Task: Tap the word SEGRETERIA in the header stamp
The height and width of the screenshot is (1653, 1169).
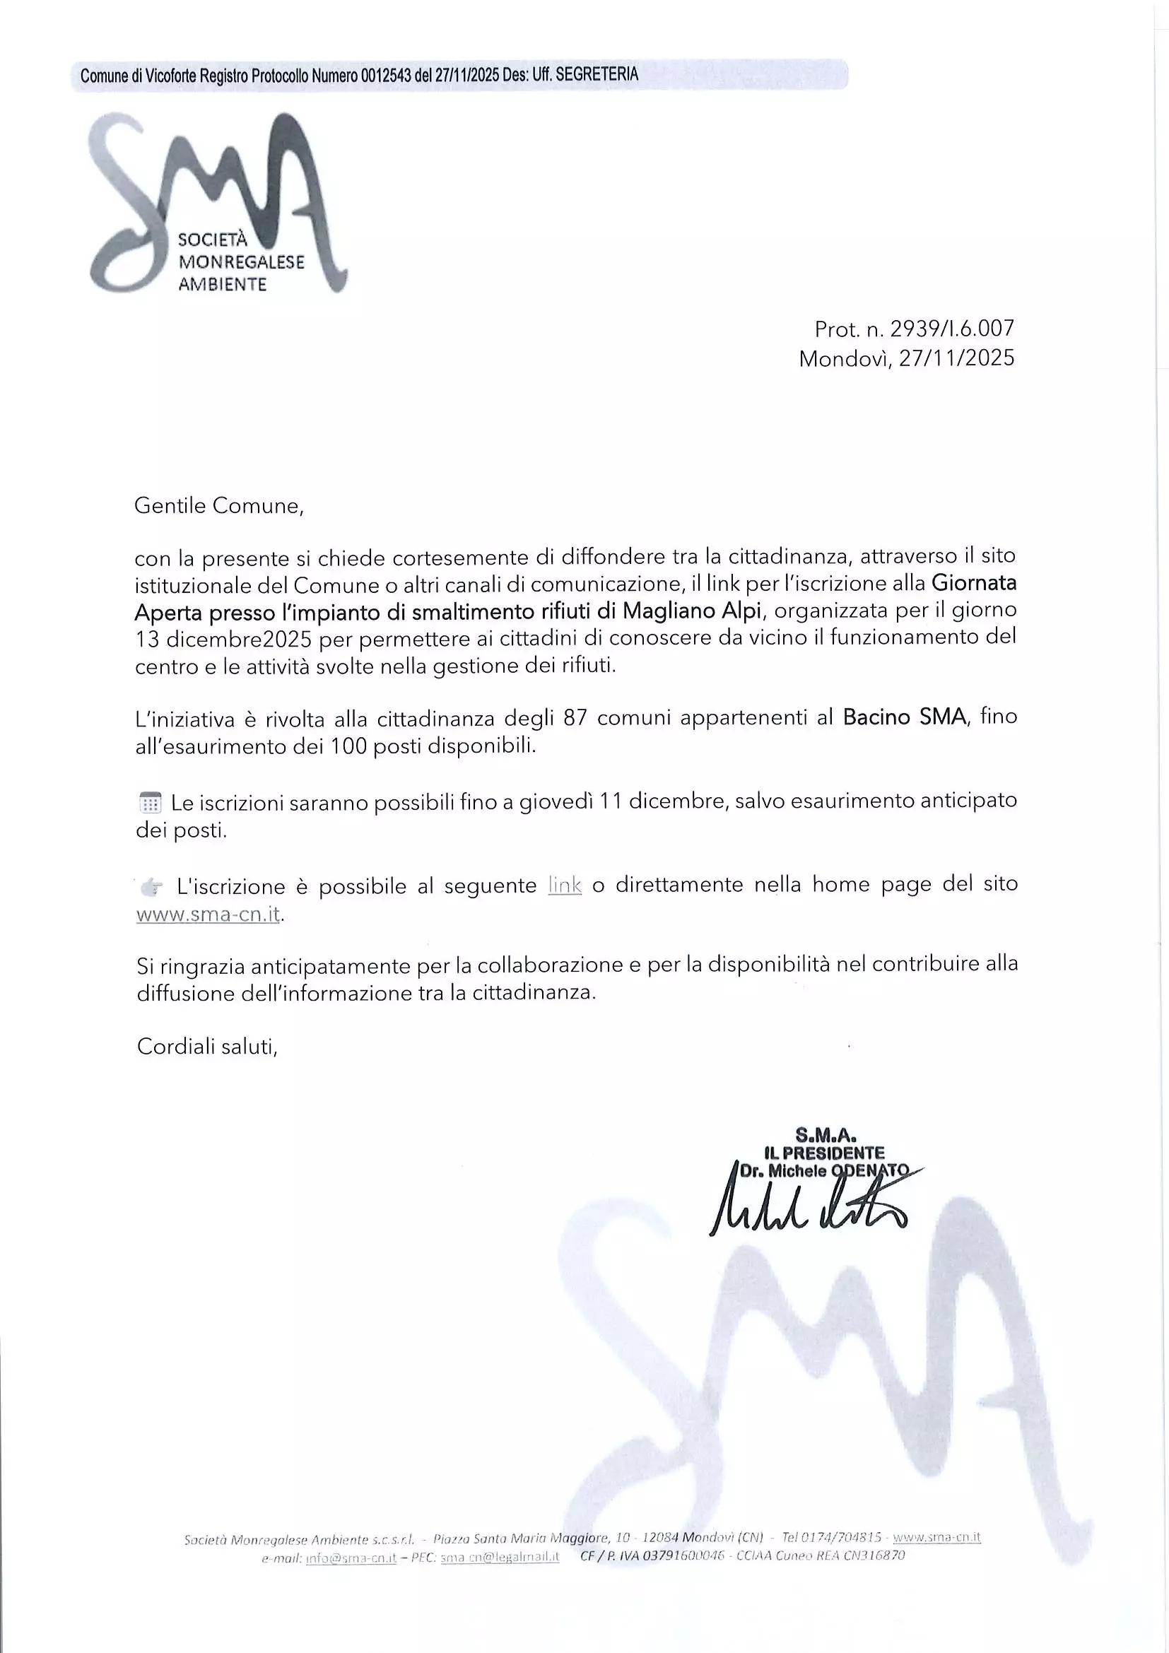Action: click(x=597, y=74)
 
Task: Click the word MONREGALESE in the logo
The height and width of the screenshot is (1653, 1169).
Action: click(x=241, y=262)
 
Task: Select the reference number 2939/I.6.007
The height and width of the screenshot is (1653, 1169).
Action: click(x=951, y=329)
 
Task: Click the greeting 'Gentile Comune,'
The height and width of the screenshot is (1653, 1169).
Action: click(x=220, y=506)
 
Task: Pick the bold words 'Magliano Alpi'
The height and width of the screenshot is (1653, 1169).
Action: click(x=691, y=611)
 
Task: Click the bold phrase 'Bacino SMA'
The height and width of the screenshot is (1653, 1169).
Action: click(x=903, y=717)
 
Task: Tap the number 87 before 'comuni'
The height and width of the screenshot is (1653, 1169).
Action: click(x=576, y=718)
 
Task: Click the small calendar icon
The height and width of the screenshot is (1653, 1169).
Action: click(x=150, y=803)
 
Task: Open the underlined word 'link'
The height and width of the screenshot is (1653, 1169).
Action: click(x=564, y=885)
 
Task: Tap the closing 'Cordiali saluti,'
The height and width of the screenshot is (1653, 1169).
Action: click(x=207, y=1046)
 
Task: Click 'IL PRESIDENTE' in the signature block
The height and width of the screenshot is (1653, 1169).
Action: click(x=824, y=1153)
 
